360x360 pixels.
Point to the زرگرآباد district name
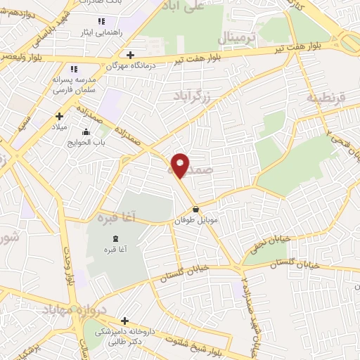(194, 92)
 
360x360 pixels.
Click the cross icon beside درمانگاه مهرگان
(129, 55)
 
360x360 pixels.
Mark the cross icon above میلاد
(59, 116)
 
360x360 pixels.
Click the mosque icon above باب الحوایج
(86, 131)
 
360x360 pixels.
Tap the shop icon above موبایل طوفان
(195, 210)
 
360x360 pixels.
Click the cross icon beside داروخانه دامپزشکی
(124, 321)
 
